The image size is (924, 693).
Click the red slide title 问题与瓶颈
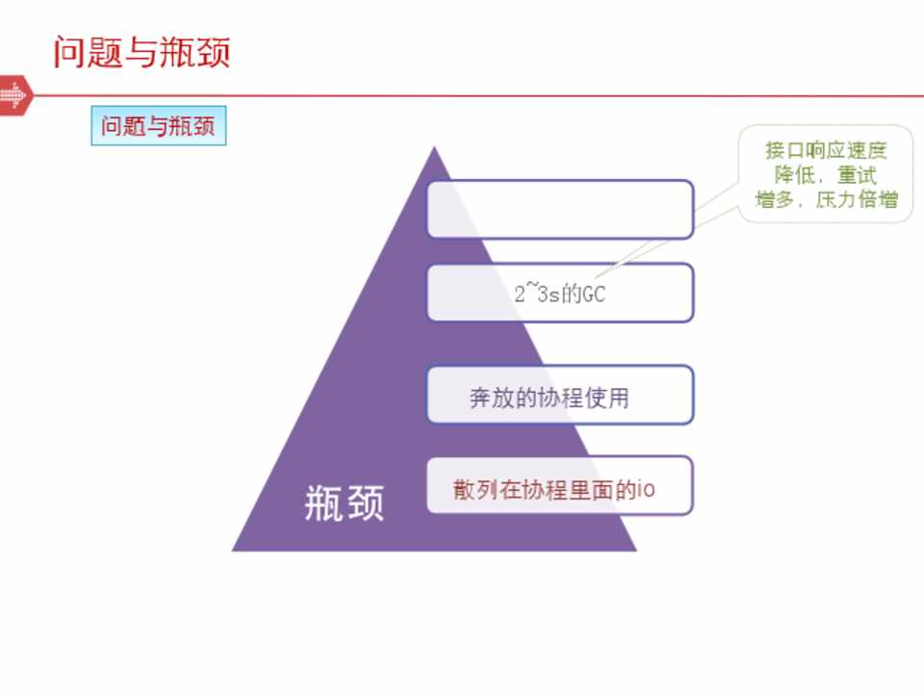tap(141, 52)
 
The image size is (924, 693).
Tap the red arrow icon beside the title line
tap(14, 95)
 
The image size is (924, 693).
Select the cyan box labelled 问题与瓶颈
tap(159, 125)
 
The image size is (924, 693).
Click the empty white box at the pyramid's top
tap(560, 209)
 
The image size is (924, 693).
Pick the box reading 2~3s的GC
tap(560, 293)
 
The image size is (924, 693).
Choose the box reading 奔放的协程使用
tap(560, 395)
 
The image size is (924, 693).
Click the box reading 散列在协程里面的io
tap(560, 485)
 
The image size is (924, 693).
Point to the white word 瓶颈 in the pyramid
tap(345, 502)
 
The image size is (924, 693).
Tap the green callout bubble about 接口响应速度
tap(826, 174)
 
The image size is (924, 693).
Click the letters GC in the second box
tap(594, 294)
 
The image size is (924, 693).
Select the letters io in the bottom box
tap(647, 489)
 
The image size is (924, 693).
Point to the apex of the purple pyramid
tap(434, 146)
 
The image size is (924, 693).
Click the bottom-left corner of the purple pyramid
tap(232, 551)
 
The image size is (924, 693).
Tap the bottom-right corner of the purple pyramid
tap(636, 551)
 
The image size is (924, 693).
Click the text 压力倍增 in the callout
tap(857, 200)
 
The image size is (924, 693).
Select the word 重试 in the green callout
tap(857, 175)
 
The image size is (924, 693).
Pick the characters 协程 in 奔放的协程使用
tap(560, 398)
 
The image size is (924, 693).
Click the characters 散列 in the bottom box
tap(475, 489)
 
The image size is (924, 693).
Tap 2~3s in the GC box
tap(537, 293)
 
